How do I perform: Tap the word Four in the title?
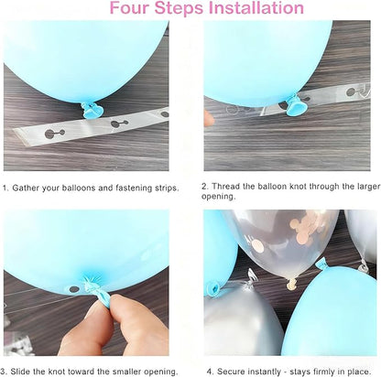tap(129, 8)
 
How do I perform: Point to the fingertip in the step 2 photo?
tap(209, 119)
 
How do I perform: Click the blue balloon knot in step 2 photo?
tap(295, 105)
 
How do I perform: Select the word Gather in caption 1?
tap(26, 188)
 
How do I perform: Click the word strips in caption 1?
tap(167, 188)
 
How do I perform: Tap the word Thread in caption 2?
tap(225, 186)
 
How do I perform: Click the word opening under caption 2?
tap(218, 197)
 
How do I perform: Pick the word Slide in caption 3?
tap(20, 372)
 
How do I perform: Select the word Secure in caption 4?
tap(231, 372)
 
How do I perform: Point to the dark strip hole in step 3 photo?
tap(74, 289)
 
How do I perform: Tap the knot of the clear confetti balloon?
tap(292, 285)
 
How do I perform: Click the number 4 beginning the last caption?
tap(209, 372)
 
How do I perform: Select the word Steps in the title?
tap(180, 8)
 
